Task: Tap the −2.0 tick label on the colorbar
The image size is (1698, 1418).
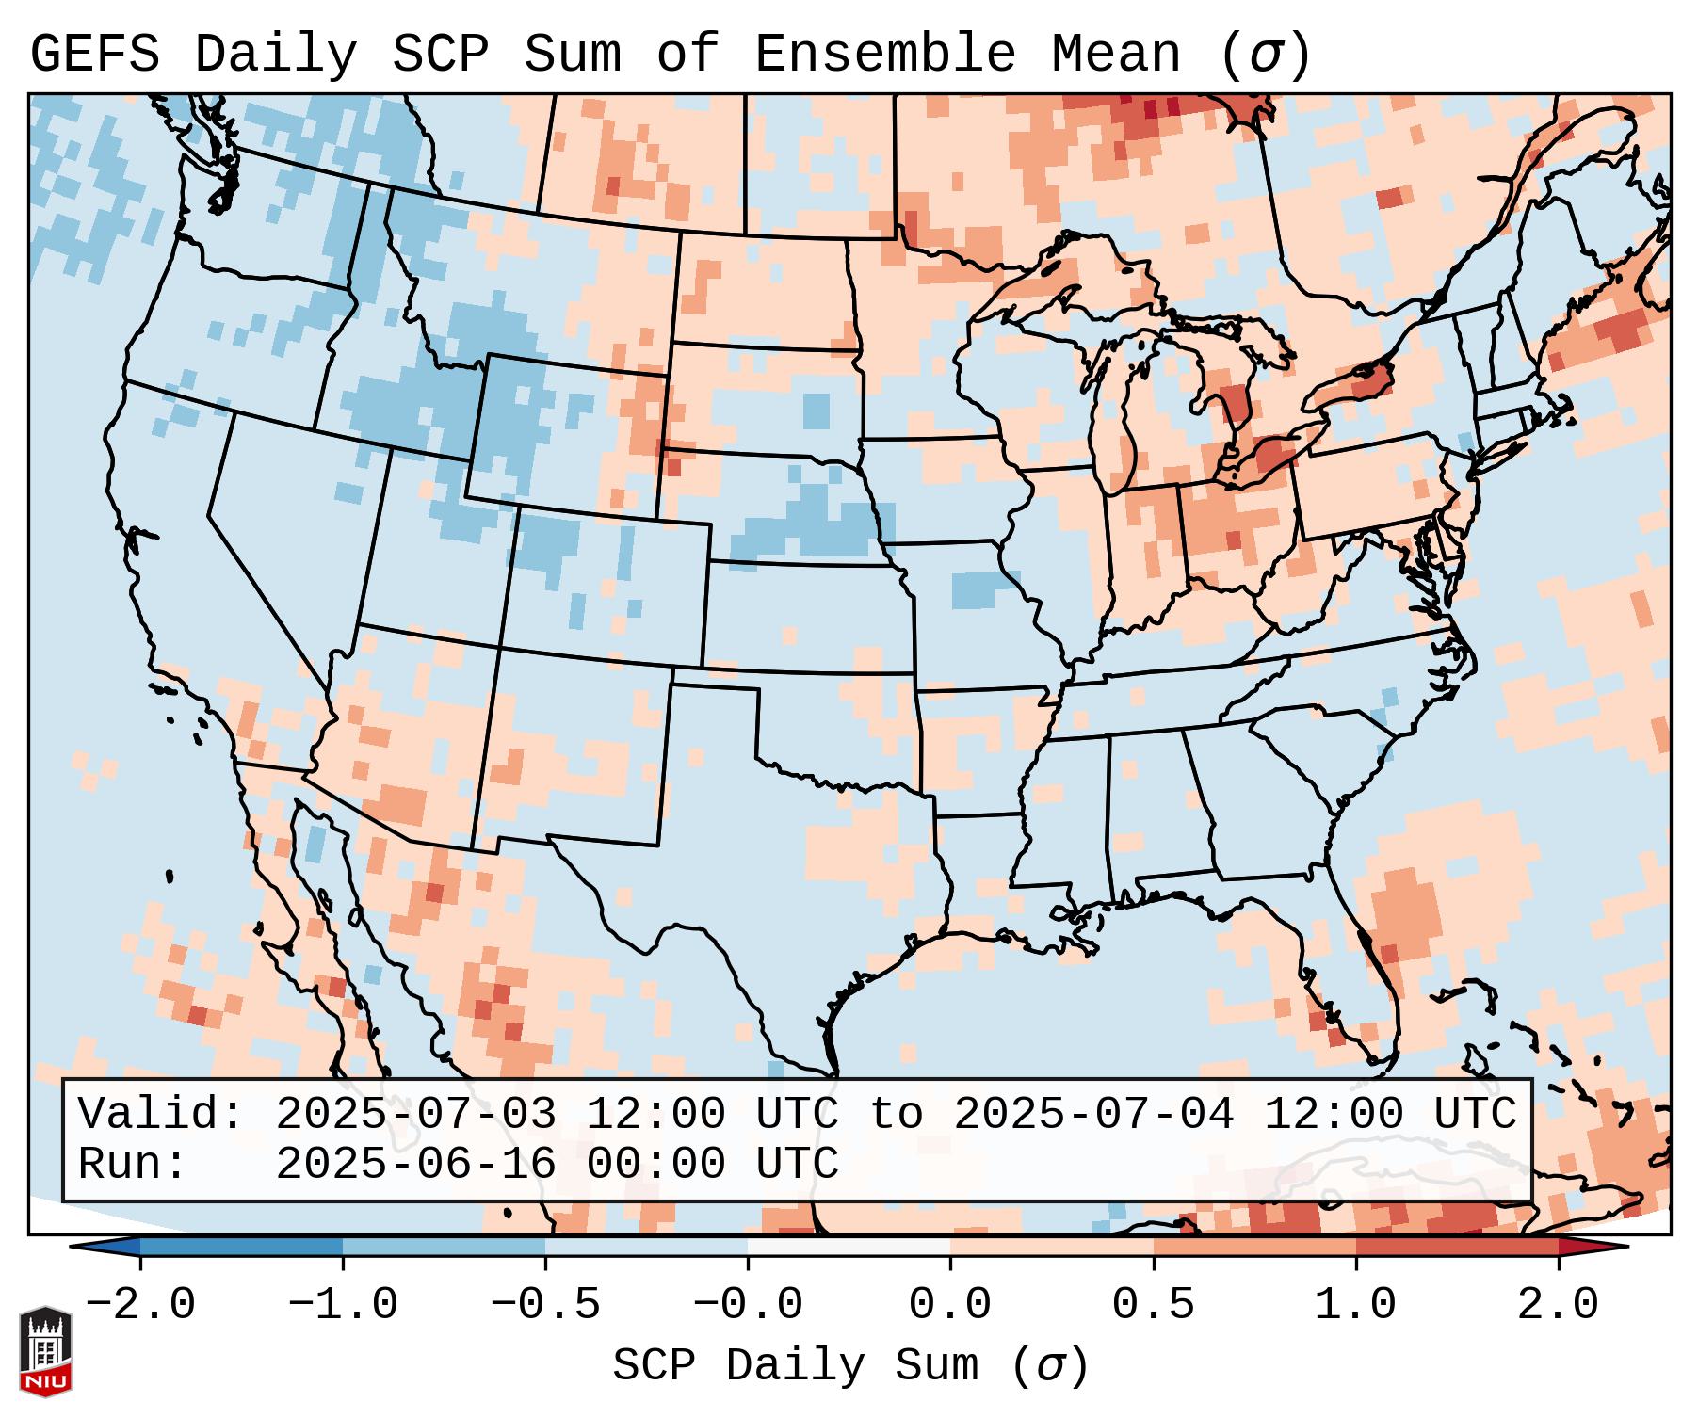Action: [x=140, y=1305]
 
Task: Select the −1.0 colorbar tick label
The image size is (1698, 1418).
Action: [x=343, y=1305]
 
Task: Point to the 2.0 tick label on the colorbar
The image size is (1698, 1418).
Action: [x=1558, y=1305]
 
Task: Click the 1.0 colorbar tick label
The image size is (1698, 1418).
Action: [x=1355, y=1305]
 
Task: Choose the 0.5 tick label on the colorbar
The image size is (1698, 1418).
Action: [x=1153, y=1305]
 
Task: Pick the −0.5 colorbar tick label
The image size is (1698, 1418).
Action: [x=545, y=1305]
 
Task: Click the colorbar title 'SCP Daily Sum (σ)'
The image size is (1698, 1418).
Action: [x=850, y=1366]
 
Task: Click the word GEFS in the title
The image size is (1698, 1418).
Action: [x=94, y=54]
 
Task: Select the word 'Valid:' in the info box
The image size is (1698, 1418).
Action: [x=161, y=1114]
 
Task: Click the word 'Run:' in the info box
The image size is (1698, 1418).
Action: [x=133, y=1164]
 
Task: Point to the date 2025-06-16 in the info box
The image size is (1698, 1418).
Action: [x=415, y=1164]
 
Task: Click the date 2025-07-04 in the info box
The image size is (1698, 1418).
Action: [x=1093, y=1114]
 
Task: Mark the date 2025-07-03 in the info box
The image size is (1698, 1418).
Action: [x=415, y=1114]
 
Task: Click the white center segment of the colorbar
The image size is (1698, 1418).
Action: [x=849, y=1247]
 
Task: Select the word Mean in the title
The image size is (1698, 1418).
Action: [x=1115, y=54]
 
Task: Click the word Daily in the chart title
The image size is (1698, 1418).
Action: [x=275, y=54]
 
